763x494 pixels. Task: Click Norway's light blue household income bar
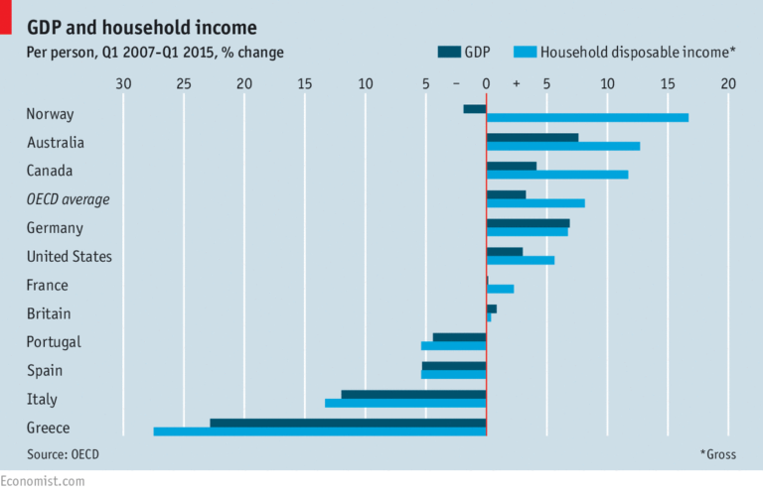(x=587, y=118)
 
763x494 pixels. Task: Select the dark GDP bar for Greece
(x=348, y=423)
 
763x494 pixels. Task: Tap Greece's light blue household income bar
(x=320, y=432)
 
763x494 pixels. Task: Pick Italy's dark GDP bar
(x=413, y=394)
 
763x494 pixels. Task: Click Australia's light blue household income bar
(x=563, y=146)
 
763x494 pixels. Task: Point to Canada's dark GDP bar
(x=512, y=166)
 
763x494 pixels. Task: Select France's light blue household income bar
(x=501, y=289)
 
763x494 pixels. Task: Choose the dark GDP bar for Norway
(x=475, y=108)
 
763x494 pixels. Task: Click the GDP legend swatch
(x=448, y=53)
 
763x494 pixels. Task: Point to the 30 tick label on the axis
(x=123, y=85)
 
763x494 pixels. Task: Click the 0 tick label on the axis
(x=486, y=85)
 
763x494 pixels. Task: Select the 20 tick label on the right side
(x=728, y=85)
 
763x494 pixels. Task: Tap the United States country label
(x=69, y=257)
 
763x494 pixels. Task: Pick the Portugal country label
(x=54, y=342)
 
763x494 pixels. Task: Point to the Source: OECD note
(x=64, y=453)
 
